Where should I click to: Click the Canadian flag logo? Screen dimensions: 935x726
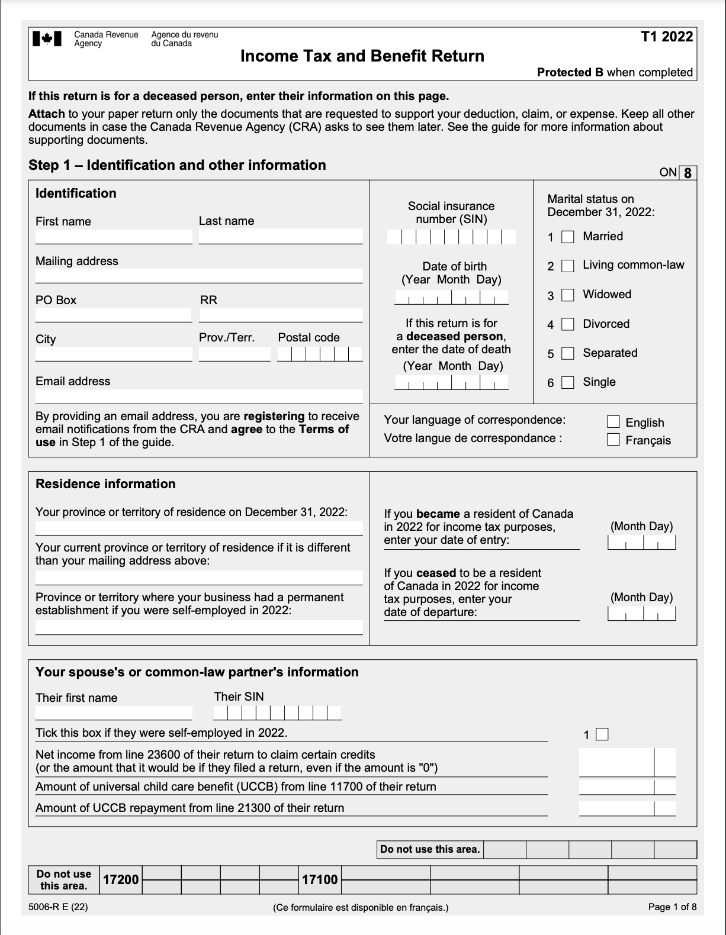47,38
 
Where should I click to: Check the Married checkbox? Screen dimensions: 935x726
568,237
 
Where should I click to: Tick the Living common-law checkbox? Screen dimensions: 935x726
568,266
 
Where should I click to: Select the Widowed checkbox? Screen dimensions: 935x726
568,295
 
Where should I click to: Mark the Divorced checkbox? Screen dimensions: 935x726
568,324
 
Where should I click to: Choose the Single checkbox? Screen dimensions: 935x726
568,382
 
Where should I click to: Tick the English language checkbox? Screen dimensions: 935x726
613,422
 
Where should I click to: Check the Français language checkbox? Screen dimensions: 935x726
613,440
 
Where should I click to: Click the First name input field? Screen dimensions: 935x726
114,236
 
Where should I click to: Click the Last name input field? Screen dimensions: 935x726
281,236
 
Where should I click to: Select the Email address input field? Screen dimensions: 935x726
199,396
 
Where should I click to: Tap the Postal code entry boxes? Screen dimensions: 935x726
320,354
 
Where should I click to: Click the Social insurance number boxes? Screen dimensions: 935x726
451,237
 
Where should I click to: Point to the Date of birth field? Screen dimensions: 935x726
451,297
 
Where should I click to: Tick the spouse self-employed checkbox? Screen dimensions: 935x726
602,734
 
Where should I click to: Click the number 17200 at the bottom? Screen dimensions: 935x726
121,880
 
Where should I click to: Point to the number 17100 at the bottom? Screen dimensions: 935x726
320,880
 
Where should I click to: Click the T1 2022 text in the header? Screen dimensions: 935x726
667,37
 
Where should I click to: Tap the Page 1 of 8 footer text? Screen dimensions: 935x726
672,907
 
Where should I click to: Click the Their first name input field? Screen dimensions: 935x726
114,712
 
